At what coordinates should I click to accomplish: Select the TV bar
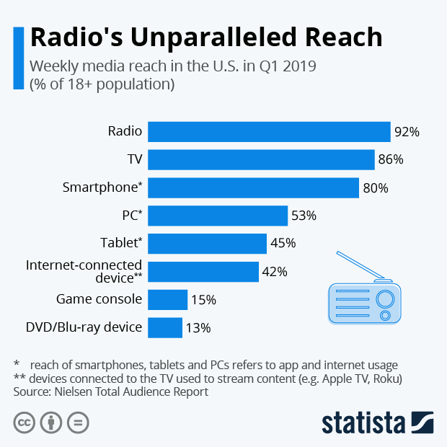pyautogui.click(x=261, y=160)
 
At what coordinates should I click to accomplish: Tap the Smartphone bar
pyautogui.click(x=253, y=187)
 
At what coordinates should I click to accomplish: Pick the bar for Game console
pyautogui.click(x=168, y=299)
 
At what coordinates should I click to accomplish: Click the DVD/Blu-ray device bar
pyautogui.click(x=165, y=327)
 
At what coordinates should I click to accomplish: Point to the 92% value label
pyautogui.click(x=407, y=132)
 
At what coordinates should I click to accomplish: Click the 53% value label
pyautogui.click(x=304, y=216)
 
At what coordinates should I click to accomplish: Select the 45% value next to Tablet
pyautogui.click(x=283, y=244)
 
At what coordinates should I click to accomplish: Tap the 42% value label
pyautogui.click(x=275, y=272)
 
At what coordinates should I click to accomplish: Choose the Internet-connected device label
pyautogui.click(x=84, y=271)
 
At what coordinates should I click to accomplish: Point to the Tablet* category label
pyautogui.click(x=120, y=243)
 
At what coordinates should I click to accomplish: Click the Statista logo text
pyautogui.click(x=363, y=422)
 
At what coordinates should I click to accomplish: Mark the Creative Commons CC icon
pyautogui.click(x=25, y=422)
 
